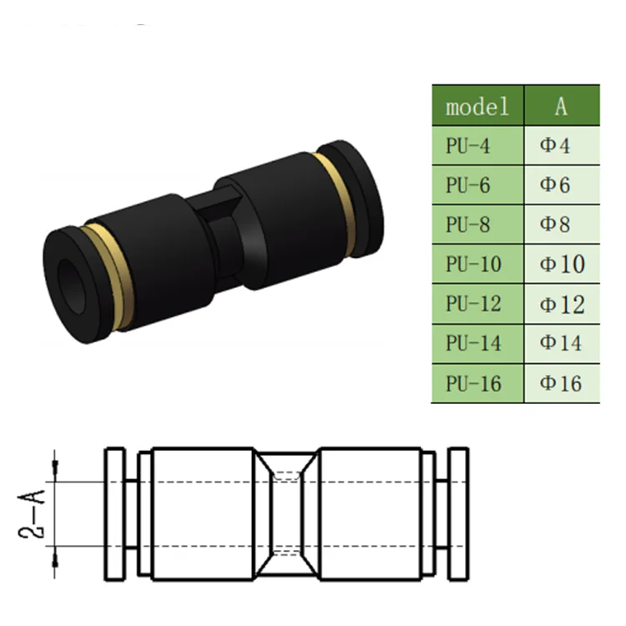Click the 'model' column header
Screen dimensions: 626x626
(477, 106)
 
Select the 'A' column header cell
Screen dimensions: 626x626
(561, 106)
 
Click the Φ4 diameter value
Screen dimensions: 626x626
(556, 146)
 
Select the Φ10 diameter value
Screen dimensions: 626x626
(562, 265)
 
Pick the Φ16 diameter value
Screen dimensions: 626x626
(562, 383)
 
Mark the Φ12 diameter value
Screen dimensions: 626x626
(562, 304)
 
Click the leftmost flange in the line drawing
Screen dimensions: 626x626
(114, 514)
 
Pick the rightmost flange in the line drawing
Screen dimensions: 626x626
(458, 514)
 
